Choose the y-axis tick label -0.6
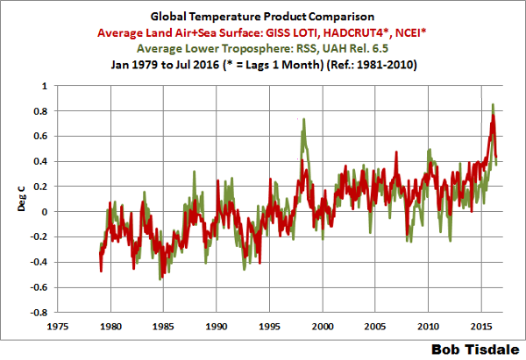(x=38, y=286)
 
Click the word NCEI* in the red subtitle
(x=417, y=32)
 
